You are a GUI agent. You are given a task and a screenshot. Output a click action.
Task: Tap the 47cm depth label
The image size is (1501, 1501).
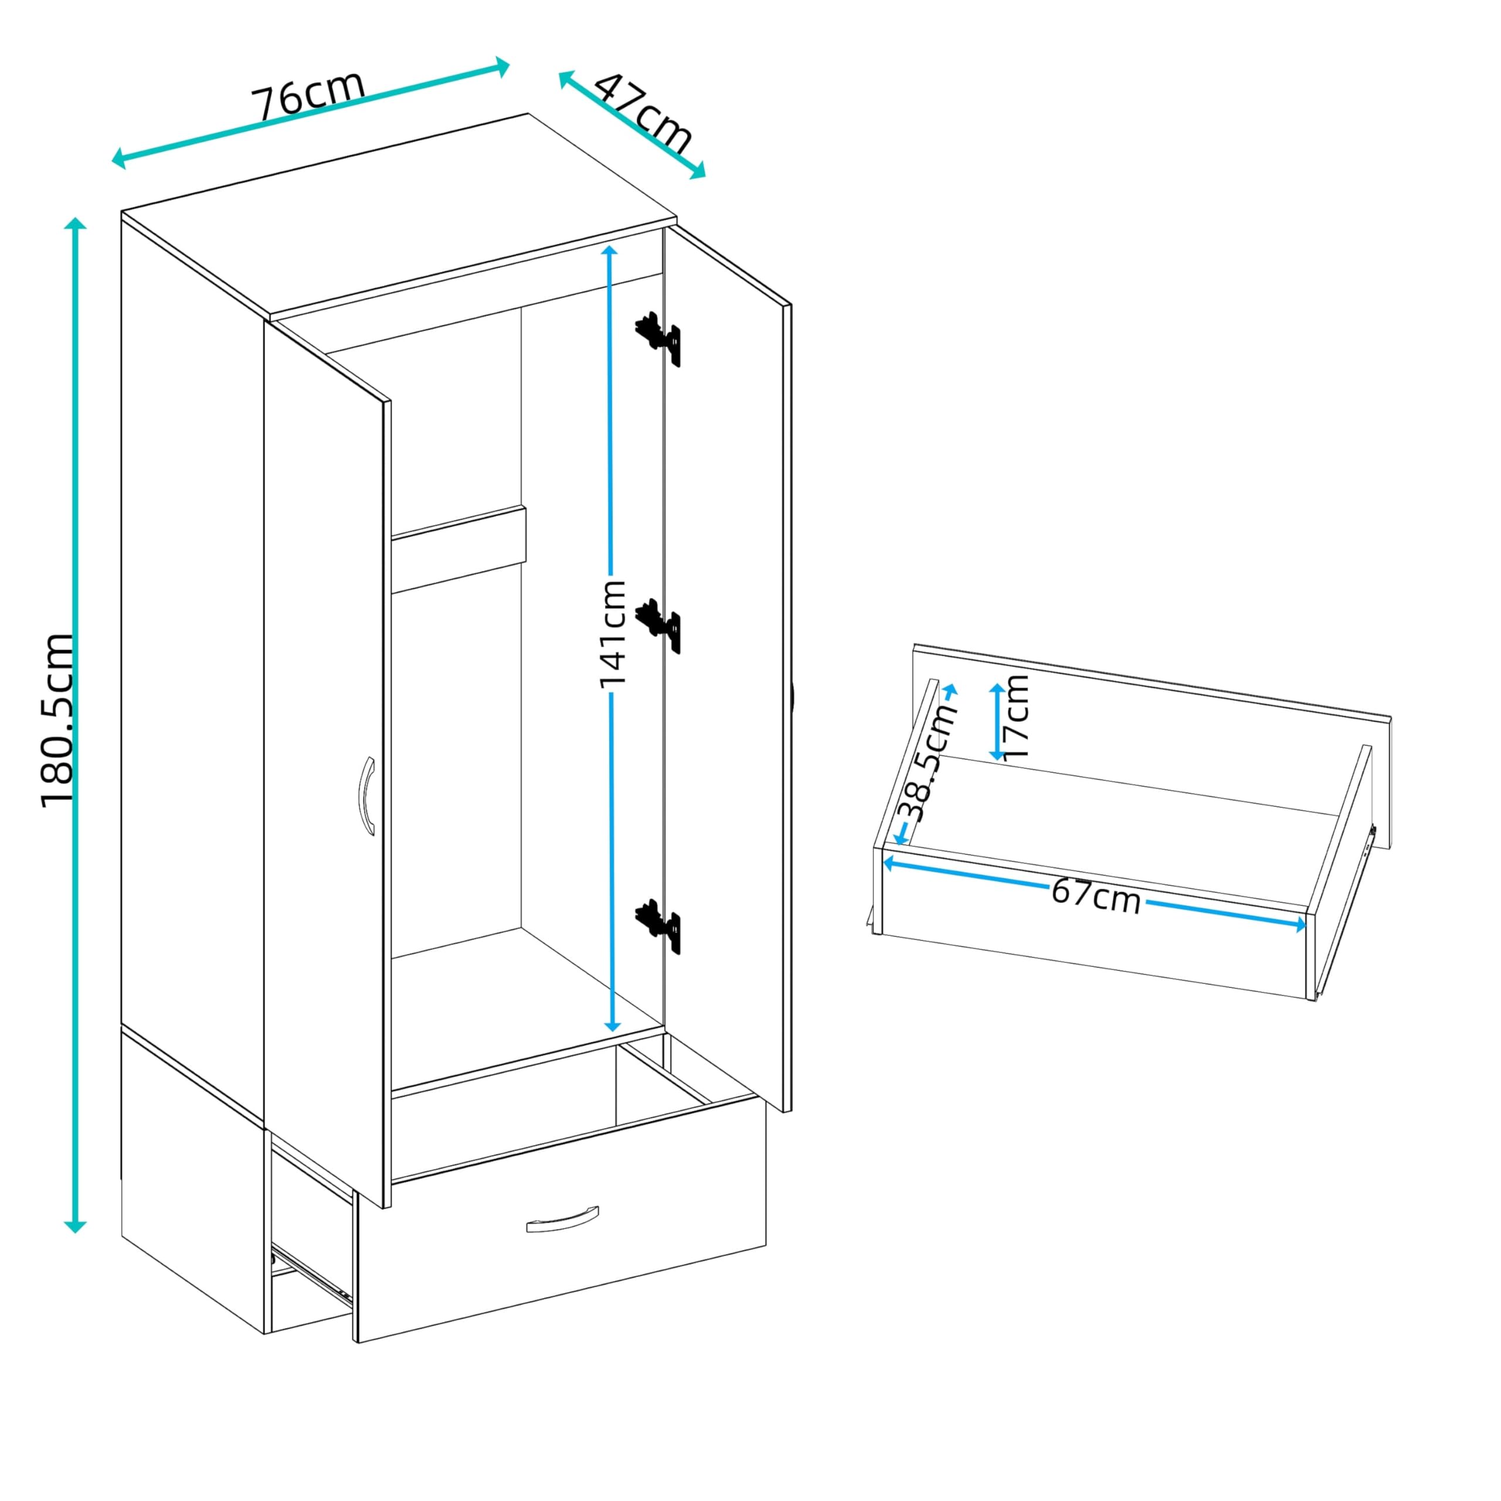(643, 113)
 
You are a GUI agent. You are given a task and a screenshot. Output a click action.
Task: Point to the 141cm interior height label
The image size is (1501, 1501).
(612, 633)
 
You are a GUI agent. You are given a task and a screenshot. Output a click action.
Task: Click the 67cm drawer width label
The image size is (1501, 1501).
(1096, 896)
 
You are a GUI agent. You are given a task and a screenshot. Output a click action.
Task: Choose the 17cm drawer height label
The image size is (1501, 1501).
(1016, 716)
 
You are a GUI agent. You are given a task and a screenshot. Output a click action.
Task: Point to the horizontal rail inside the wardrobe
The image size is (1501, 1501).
(459, 549)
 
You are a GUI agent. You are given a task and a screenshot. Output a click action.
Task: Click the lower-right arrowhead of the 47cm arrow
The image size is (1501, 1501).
(697, 170)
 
